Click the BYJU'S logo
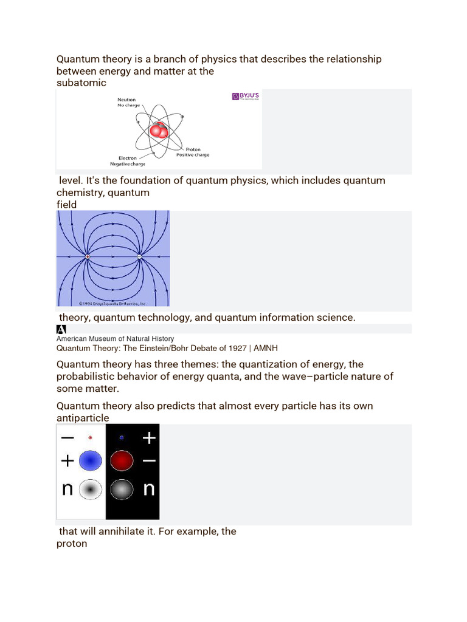pyautogui.click(x=245, y=97)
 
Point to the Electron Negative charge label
pyautogui.click(x=127, y=161)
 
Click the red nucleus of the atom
pyautogui.click(x=159, y=130)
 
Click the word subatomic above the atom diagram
pyautogui.click(x=81, y=83)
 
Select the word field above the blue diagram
pyautogui.click(x=67, y=205)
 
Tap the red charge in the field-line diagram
pyautogui.click(x=88, y=257)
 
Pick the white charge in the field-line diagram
pyautogui.click(x=139, y=257)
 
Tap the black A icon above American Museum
pyautogui.click(x=61, y=329)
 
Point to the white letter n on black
pyautogui.click(x=149, y=488)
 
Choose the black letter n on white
pyautogui.click(x=67, y=488)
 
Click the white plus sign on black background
pyautogui.click(x=149, y=437)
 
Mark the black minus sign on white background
pyautogui.click(x=67, y=437)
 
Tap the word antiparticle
pyautogui.click(x=83, y=418)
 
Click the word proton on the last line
pyautogui.click(x=72, y=544)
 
